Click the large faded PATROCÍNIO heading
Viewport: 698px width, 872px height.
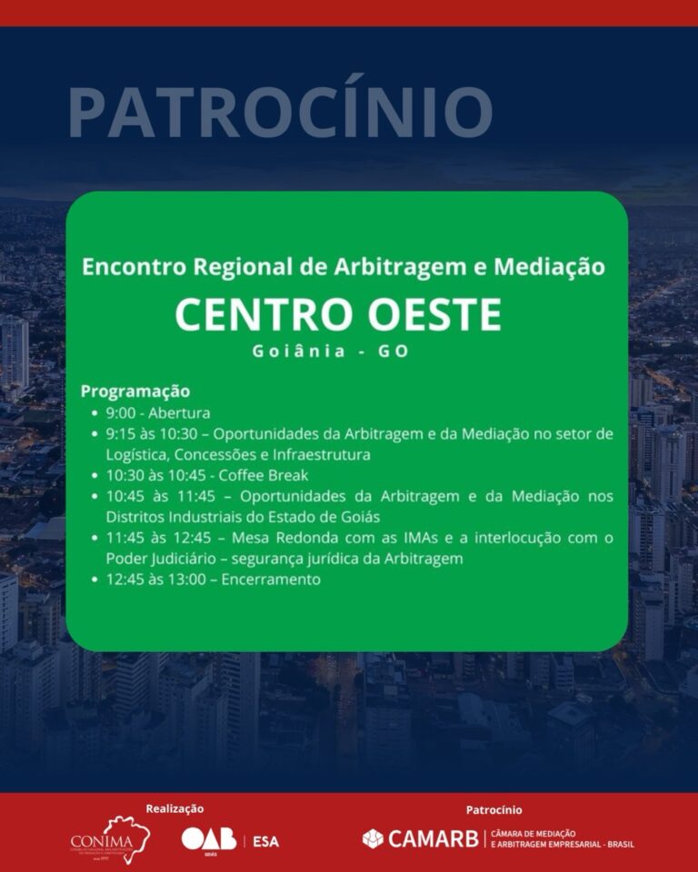pos(280,112)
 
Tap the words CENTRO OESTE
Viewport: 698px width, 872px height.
pos(337,315)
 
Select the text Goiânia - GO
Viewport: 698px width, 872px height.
pos(331,352)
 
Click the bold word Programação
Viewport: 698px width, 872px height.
pos(135,391)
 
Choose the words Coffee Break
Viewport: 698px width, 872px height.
pos(258,475)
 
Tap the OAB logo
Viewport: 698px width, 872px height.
pos(208,840)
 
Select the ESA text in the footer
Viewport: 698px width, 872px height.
pos(265,841)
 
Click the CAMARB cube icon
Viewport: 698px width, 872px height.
pos(373,838)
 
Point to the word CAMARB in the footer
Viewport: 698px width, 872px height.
pos(433,838)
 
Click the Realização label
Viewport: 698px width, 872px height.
pos(174,808)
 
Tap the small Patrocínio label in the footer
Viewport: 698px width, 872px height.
pos(494,809)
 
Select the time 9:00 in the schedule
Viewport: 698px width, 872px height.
pos(121,413)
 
